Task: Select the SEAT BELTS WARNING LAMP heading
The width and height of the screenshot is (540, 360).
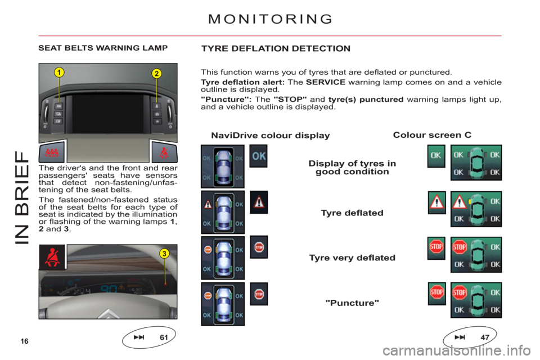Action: [102, 49]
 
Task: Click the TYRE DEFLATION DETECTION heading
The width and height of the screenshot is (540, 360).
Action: [276, 49]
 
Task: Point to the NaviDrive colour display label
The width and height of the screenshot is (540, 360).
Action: [270, 136]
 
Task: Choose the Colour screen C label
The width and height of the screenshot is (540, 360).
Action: [432, 136]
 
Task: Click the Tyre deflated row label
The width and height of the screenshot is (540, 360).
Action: [352, 213]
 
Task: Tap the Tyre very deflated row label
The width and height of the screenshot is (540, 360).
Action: [352, 258]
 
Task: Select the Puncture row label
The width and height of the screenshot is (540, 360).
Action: [352, 303]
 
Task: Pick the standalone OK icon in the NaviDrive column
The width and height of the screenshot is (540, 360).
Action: [258, 156]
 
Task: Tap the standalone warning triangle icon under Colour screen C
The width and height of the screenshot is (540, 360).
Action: [436, 202]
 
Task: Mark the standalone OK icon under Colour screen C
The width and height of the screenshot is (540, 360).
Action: [436, 156]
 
